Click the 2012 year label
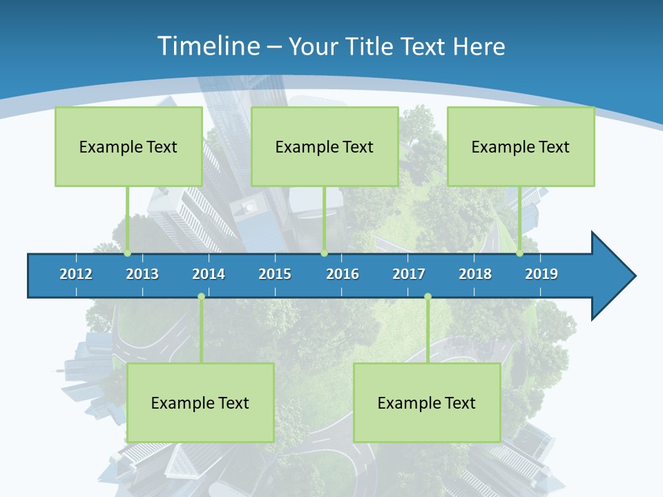(x=76, y=274)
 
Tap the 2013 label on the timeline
(x=142, y=274)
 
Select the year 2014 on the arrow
(x=209, y=274)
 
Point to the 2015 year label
(x=275, y=274)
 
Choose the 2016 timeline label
(x=343, y=274)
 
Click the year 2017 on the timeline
(x=409, y=274)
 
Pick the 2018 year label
(x=475, y=274)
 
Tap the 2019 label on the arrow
(x=541, y=274)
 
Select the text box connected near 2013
(x=128, y=146)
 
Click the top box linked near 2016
(x=325, y=146)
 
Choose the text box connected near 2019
(x=521, y=146)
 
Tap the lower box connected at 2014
(x=200, y=402)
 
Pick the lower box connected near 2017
(x=427, y=402)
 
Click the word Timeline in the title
(x=209, y=46)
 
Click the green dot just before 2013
(x=127, y=253)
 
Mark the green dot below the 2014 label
(x=201, y=297)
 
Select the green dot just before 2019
(x=519, y=253)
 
